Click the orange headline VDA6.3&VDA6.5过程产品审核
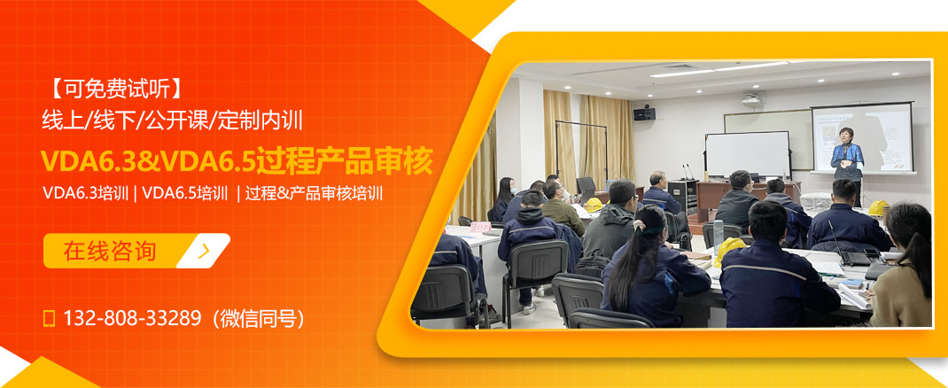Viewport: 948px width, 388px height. [x=237, y=162]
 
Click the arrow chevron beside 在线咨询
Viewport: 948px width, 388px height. [x=205, y=251]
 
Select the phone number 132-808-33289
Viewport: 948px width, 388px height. [x=132, y=318]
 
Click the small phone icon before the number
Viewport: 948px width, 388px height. [x=50, y=318]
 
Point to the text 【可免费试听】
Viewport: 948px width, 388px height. [x=114, y=89]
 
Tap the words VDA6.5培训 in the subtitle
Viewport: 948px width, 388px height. [x=185, y=192]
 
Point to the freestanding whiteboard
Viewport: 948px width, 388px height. [x=747, y=153]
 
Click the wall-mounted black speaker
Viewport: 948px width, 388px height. [x=644, y=113]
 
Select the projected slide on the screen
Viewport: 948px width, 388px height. [x=862, y=137]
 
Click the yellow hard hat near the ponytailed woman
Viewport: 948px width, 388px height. [x=730, y=249]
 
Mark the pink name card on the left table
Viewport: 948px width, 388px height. [x=480, y=227]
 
